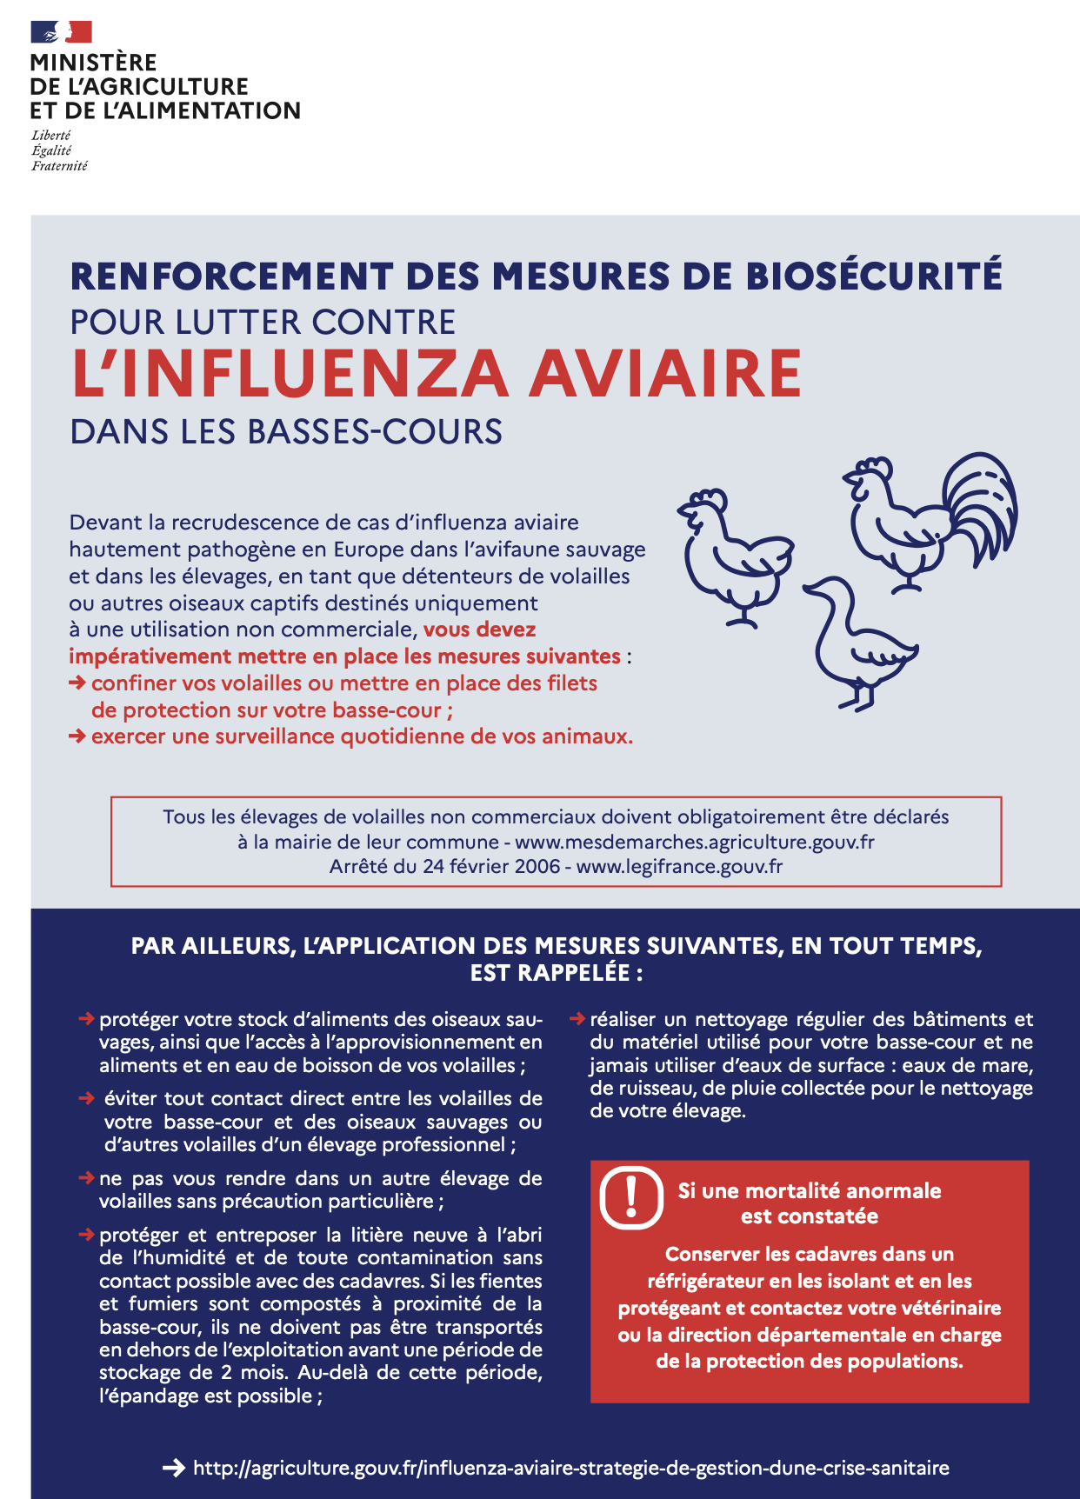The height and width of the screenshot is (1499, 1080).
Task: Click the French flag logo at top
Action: (x=61, y=32)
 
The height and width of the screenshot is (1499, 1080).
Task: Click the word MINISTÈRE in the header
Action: (x=93, y=63)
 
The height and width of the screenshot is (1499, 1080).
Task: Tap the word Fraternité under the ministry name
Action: (x=59, y=166)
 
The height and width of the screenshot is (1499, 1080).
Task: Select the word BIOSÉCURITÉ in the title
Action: (x=873, y=276)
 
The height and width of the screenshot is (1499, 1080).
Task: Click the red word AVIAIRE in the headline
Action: (x=665, y=375)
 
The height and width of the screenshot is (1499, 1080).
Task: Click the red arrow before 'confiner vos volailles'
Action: (x=77, y=683)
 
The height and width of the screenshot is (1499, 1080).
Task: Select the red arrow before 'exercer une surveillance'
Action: (x=77, y=736)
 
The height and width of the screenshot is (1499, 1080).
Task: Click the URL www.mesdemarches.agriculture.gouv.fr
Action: (x=694, y=843)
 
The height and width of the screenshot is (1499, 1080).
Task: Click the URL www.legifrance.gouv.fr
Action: (x=679, y=867)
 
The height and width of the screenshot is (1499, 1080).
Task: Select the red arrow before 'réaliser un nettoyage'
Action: (x=577, y=1018)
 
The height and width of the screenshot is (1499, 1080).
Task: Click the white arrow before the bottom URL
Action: (x=174, y=1468)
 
